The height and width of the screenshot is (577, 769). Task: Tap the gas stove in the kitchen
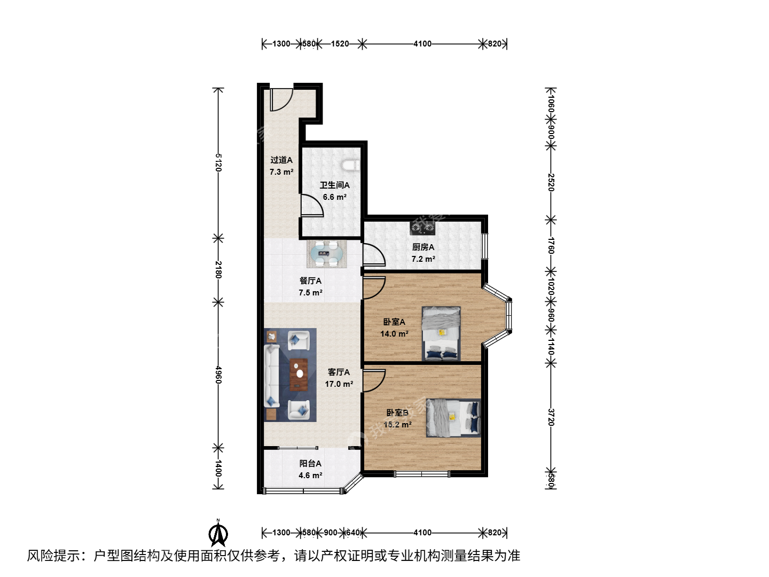(422, 229)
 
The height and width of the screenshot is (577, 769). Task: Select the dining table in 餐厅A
(327, 254)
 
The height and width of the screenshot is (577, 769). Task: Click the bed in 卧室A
(441, 333)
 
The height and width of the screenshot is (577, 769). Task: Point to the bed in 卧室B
(453, 418)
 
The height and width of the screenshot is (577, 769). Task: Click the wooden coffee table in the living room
(299, 375)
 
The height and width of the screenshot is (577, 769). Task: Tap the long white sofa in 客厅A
(272, 376)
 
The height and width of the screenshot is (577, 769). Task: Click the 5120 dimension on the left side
(218, 162)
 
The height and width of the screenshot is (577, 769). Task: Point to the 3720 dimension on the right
(551, 417)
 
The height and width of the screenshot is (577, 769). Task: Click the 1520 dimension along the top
(340, 44)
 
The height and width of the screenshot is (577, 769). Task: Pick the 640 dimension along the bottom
(352, 533)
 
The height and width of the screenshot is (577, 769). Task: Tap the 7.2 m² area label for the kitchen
(423, 259)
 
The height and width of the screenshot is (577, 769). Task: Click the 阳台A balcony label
(310, 464)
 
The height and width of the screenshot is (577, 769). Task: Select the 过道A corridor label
(281, 160)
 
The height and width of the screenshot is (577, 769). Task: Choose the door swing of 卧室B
(374, 380)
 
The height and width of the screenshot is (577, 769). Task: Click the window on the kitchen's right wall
(484, 246)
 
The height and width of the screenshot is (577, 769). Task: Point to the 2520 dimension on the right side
(551, 182)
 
